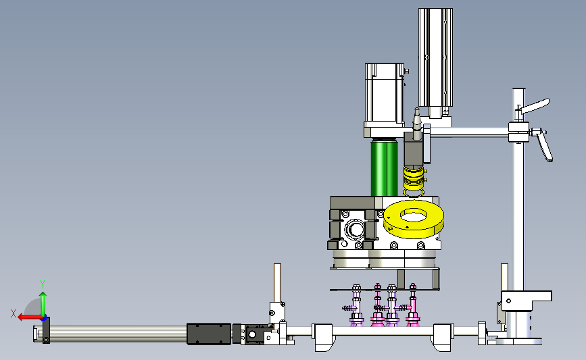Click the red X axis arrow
coord(29,317)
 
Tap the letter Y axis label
coord(43,284)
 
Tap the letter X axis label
coord(14,313)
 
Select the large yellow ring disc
coord(414,218)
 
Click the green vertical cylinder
coord(385,168)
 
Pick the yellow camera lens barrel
coord(414,178)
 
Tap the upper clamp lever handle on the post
coord(535,107)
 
